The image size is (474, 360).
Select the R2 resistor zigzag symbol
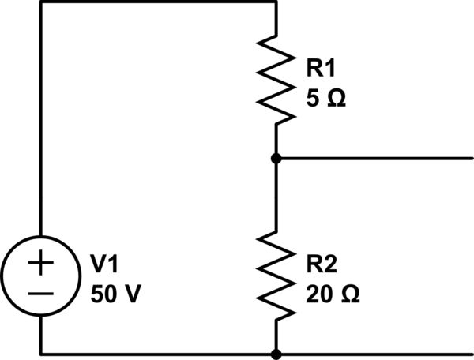click(276, 276)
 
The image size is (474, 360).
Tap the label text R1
click(320, 67)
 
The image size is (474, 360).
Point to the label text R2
click(320, 263)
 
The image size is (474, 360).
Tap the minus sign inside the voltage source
click(39, 292)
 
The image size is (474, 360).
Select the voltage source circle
click(39, 278)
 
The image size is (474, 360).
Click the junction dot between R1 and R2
click(276, 159)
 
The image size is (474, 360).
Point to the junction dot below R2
click(276, 354)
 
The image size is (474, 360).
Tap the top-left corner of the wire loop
click(39, 2)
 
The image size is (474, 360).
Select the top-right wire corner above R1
click(276, 2)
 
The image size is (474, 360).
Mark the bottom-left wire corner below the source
click(39, 354)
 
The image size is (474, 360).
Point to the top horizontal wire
click(158, 2)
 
